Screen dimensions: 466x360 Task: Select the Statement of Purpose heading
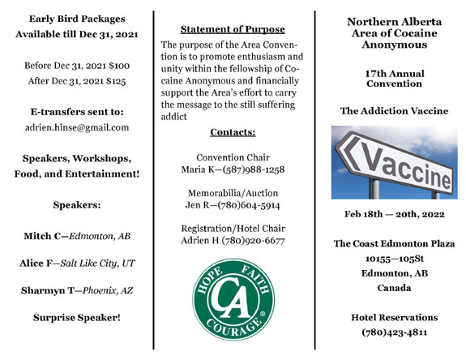pos(233,29)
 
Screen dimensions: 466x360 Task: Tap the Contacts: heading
pos(233,131)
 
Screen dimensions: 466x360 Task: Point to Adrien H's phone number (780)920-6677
pos(255,242)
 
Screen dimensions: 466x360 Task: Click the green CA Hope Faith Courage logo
pos(233,301)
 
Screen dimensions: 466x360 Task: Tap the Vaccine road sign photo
pos(394,163)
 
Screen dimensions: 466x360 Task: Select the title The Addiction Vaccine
pos(394,111)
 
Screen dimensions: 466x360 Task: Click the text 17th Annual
pos(394,73)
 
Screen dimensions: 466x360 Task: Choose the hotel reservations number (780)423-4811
pos(394,332)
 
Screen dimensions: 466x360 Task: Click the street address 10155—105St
pos(394,258)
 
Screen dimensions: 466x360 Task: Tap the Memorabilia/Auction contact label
pos(232,193)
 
